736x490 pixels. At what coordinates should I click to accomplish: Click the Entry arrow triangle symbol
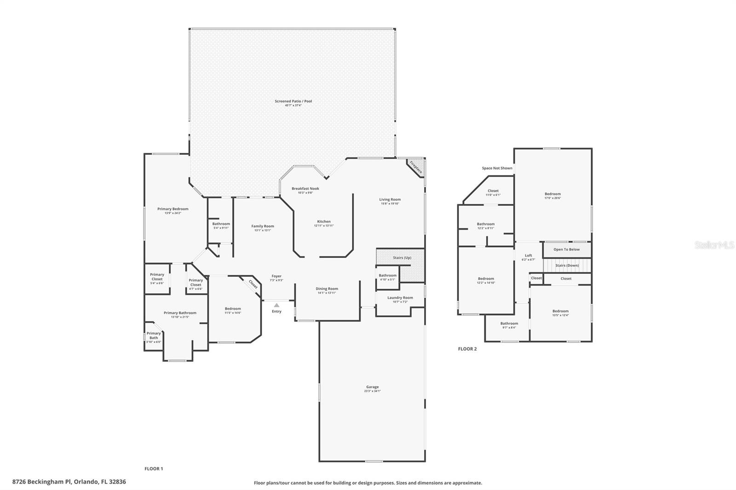[x=276, y=305]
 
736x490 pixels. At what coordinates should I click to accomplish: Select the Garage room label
[x=372, y=387]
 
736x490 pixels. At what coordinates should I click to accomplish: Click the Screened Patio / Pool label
[x=293, y=101]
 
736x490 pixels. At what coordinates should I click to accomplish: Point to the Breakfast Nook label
[x=305, y=188]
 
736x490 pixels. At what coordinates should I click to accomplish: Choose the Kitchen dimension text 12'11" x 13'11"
[x=324, y=226]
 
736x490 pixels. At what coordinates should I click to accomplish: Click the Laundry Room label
[x=400, y=297]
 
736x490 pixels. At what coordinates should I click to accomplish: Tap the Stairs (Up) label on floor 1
[x=402, y=257]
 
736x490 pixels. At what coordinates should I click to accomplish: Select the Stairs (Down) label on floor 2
[x=567, y=265]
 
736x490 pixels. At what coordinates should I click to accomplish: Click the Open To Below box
[x=566, y=250]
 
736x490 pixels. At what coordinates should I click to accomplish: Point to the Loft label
[x=528, y=256]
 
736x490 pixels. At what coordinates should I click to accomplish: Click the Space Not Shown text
[x=497, y=168]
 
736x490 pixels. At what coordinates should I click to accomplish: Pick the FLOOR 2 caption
[x=467, y=349]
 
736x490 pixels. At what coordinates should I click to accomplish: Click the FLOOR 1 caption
[x=154, y=469]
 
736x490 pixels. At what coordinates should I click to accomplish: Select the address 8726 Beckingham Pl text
[x=69, y=482]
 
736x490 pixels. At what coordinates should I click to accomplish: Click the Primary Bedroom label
[x=172, y=209]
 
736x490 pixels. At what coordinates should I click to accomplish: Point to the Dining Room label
[x=327, y=289]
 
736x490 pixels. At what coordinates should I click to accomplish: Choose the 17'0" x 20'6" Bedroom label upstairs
[x=552, y=194]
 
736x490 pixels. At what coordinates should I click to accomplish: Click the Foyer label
[x=276, y=276]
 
